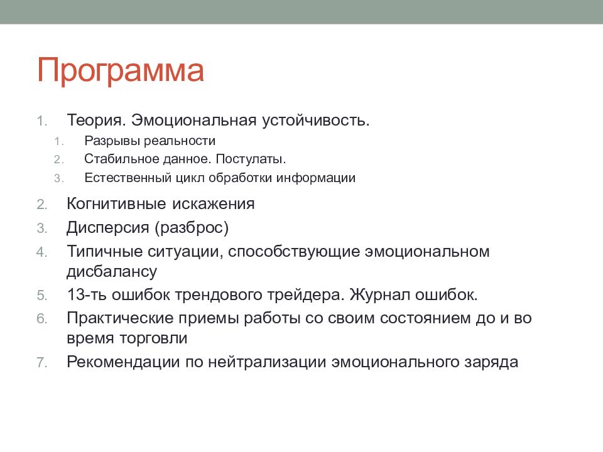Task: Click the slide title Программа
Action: [x=121, y=71]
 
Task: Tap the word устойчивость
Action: [x=316, y=121]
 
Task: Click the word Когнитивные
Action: [x=117, y=203]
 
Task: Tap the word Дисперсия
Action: [x=107, y=228]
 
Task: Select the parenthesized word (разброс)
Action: [x=192, y=228]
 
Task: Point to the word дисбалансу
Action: [x=112, y=272]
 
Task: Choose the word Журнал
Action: [x=379, y=295]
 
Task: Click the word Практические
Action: [x=120, y=319]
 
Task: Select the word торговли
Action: [x=153, y=338]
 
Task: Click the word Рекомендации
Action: [x=123, y=362]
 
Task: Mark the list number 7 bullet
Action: [x=41, y=362]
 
